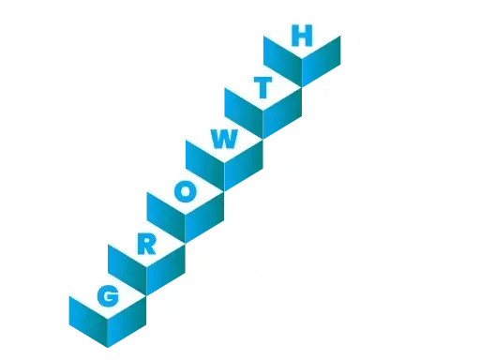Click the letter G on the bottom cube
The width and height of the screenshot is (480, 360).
tap(107, 296)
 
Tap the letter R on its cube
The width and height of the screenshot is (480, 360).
tap(145, 244)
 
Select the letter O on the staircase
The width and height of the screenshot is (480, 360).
tap(185, 192)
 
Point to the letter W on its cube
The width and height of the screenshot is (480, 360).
tap(223, 140)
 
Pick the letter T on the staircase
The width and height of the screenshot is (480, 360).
tap(262, 89)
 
